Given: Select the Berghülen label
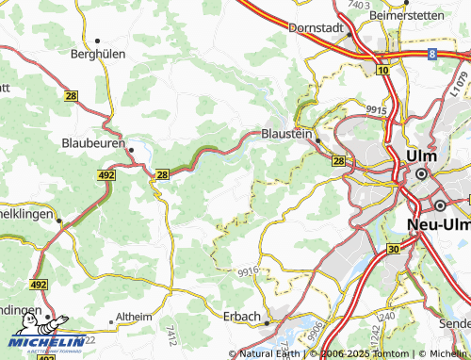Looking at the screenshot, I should pos(98,55).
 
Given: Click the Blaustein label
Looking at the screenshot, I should pos(287,135).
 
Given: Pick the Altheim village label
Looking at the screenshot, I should pos(132,318).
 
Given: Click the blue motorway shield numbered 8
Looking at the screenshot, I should pos(431,55).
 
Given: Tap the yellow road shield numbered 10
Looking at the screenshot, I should pos(382,70).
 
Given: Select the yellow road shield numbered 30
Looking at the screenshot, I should pos(393,248).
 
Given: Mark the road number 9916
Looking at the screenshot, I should pos(249,271).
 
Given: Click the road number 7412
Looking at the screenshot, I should pos(171,334).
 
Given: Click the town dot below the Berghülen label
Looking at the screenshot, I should pos(98,41).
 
